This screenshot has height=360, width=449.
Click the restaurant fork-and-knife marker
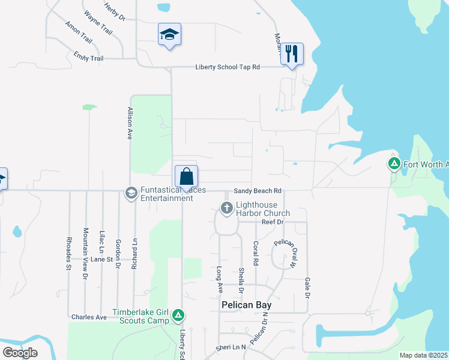click(x=292, y=53)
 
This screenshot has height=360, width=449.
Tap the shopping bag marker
click(x=186, y=176)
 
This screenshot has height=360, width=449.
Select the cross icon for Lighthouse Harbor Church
click(x=227, y=208)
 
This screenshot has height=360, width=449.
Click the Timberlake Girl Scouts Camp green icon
click(x=178, y=315)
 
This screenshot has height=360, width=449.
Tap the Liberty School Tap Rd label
click(x=228, y=67)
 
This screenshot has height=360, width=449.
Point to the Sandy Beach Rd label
click(x=258, y=191)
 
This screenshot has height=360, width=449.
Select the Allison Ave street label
click(x=129, y=124)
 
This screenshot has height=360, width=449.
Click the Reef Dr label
click(x=272, y=222)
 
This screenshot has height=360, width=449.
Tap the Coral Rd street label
click(x=256, y=254)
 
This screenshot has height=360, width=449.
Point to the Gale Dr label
click(x=307, y=288)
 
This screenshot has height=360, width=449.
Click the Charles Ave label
click(x=88, y=317)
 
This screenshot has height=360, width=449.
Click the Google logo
click(x=20, y=353)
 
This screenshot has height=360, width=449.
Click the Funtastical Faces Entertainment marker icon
click(x=130, y=193)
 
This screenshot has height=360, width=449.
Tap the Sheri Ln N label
click(x=232, y=347)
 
